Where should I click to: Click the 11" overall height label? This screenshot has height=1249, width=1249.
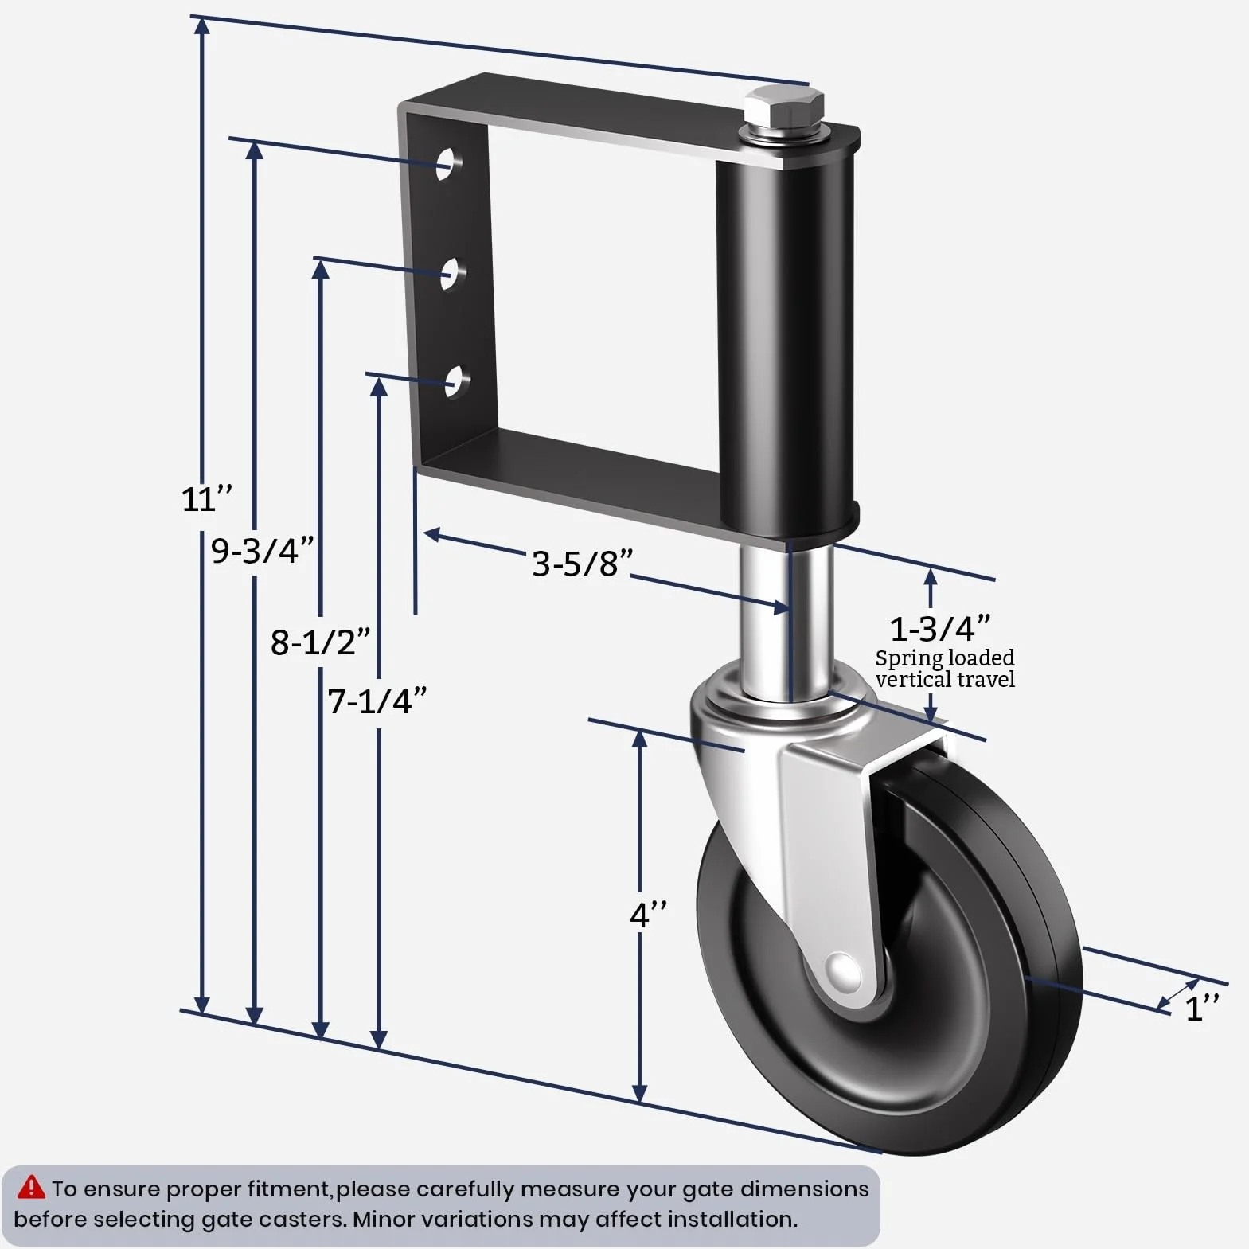206,499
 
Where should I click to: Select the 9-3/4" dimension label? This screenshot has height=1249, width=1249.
262,550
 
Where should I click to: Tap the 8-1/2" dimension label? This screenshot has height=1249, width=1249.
320,642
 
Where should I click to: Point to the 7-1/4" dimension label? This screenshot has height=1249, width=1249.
377,701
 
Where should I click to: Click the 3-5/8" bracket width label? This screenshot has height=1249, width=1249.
583,564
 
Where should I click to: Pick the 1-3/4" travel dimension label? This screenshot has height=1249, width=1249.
940,629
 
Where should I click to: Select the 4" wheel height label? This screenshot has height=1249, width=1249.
649,915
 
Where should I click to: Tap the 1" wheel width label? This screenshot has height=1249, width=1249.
1202,1008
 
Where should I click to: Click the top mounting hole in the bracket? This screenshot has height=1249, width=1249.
451,162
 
